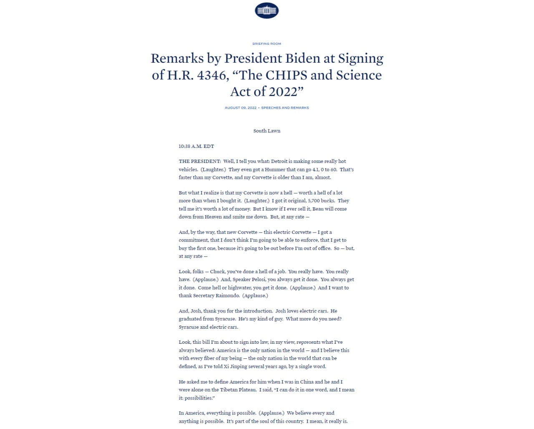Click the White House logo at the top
click(267, 10)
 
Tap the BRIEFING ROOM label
click(267, 44)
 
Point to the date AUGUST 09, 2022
click(241, 108)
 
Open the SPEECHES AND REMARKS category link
click(285, 108)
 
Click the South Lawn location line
click(267, 131)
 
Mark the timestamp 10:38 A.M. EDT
click(196, 146)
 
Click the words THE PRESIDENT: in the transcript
click(200, 161)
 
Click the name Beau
click(318, 209)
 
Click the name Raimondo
click(227, 296)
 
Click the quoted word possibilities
click(199, 398)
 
